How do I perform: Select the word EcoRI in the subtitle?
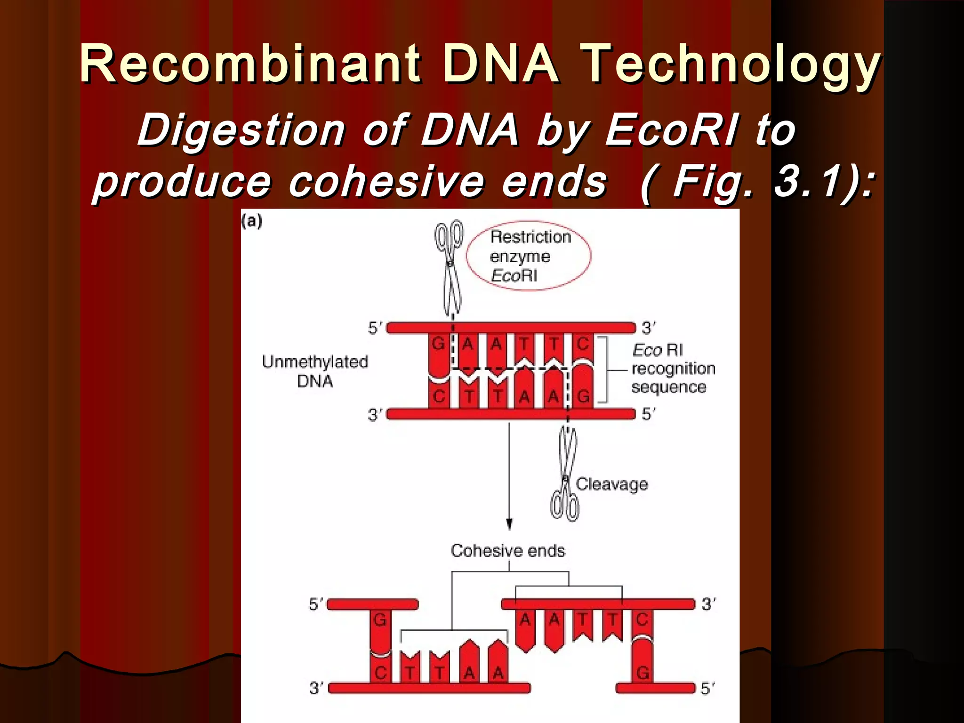671,130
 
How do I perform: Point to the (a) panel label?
252,221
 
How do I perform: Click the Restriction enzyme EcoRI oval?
529,256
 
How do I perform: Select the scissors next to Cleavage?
566,475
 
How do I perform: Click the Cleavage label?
611,484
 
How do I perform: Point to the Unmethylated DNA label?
315,371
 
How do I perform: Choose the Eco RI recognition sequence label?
673,369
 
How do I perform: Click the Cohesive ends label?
507,551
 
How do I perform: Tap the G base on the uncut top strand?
438,344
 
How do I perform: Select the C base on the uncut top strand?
583,344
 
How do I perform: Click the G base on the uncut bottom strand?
583,396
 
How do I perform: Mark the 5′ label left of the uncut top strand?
375,328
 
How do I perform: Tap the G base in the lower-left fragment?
380,620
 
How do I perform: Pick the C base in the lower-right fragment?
643,620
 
